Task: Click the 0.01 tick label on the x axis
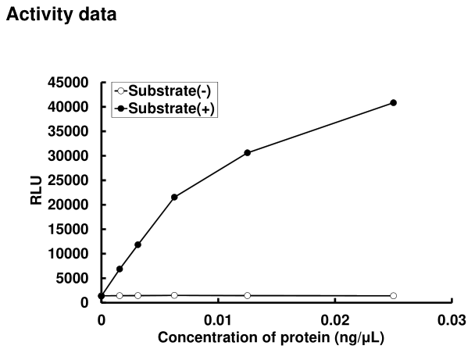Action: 217,320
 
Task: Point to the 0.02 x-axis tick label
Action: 334,320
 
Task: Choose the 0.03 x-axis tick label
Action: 452,320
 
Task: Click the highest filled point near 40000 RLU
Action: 394,102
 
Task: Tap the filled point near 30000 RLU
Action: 247,152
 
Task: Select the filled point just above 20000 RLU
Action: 174,197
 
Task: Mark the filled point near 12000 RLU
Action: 137,244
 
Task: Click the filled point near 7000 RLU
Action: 120,269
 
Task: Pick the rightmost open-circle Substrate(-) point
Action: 394,296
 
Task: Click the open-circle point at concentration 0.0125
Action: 247,295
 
